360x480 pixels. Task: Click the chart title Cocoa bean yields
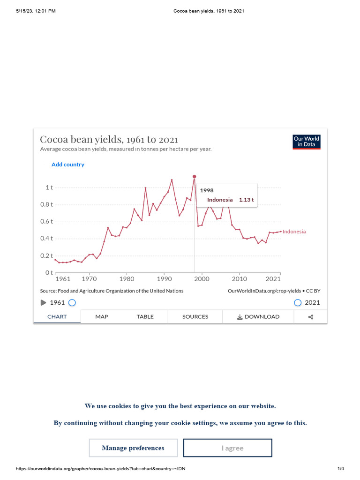pos(109,140)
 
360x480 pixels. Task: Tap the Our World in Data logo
pos(306,142)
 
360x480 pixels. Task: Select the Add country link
pos(68,165)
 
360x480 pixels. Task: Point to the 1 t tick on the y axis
pos(49,187)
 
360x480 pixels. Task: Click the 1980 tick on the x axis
pos(127,279)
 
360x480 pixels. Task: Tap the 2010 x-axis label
pos(239,279)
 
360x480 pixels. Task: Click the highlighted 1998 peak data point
pos(194,177)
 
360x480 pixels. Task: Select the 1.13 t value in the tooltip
pos(246,200)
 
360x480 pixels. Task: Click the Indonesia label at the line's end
pos(294,232)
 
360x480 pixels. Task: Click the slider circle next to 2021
pos(298,303)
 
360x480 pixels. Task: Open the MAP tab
pos(102,317)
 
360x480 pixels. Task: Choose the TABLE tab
pos(145,317)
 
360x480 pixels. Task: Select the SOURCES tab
pos(195,317)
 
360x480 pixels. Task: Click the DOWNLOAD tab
pos(258,317)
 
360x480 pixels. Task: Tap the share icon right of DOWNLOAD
pos(310,317)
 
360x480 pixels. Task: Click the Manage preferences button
pos(133,448)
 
